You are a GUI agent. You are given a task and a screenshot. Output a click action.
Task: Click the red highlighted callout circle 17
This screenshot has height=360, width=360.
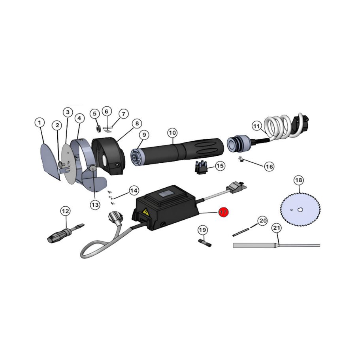[223, 212]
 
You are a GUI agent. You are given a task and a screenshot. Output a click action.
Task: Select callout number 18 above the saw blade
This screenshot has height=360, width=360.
[299, 181]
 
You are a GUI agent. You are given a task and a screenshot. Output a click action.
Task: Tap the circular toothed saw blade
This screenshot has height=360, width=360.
[299, 210]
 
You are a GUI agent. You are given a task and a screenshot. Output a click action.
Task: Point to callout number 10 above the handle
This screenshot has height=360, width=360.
[172, 132]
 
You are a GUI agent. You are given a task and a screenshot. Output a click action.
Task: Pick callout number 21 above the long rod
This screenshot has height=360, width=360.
[277, 228]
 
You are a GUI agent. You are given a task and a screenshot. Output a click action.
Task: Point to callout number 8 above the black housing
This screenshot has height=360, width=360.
[136, 123]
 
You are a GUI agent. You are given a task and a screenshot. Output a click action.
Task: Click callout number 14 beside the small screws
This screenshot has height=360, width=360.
[134, 190]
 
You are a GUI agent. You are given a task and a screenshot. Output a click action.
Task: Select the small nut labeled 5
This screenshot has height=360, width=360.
[97, 128]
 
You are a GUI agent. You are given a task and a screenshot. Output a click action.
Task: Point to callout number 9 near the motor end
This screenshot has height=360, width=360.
[144, 135]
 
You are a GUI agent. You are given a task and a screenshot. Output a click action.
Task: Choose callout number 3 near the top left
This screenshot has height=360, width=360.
[68, 112]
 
